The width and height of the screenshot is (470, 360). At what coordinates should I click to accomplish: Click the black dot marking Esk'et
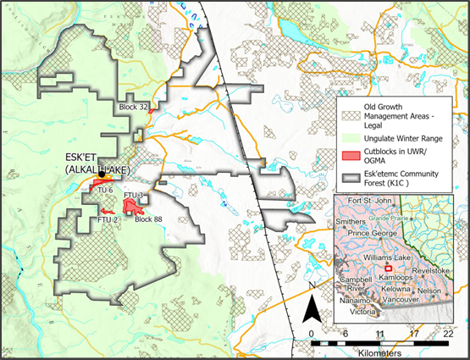coord(101,175)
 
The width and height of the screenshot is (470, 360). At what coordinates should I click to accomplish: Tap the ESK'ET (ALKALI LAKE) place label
coord(101,163)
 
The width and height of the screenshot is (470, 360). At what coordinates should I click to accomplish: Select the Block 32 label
coord(135,107)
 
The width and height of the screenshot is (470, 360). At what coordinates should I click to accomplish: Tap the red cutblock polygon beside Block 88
coord(135,206)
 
